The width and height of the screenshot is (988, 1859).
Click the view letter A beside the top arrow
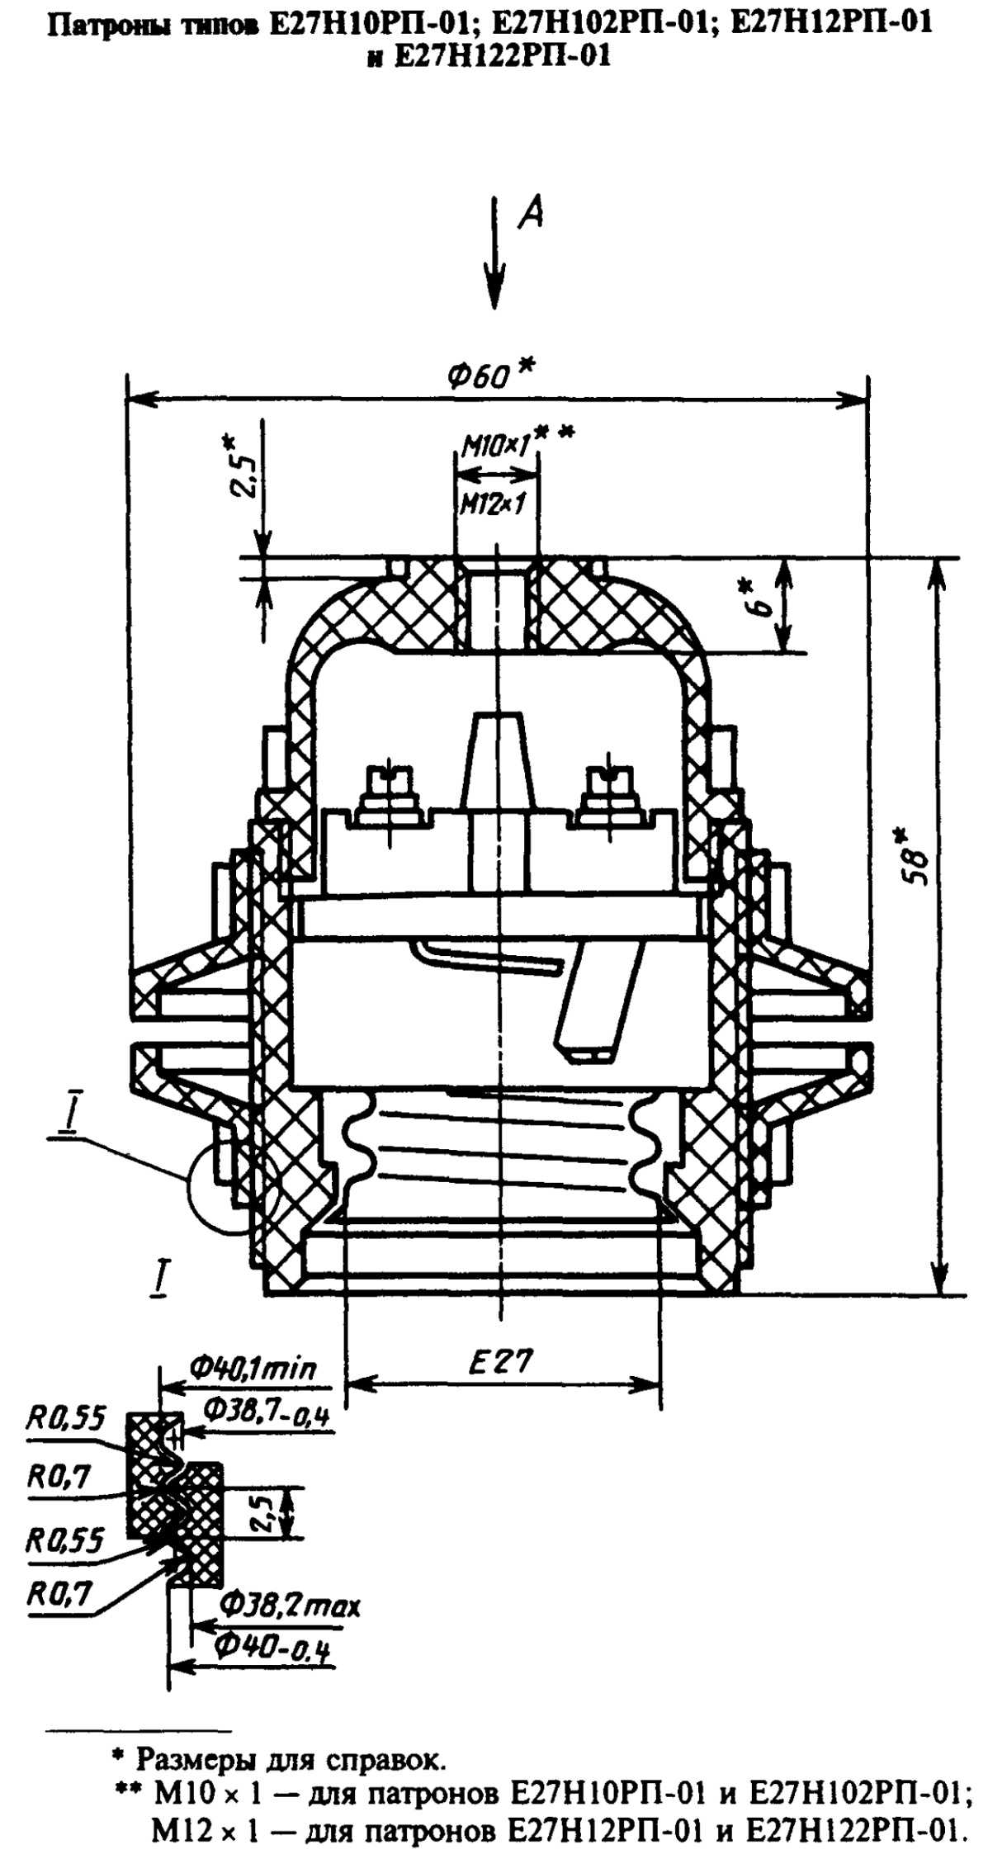pos(532,214)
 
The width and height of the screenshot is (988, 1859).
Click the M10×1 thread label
pos(494,447)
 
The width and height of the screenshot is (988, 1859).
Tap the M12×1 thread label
pos(493,503)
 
